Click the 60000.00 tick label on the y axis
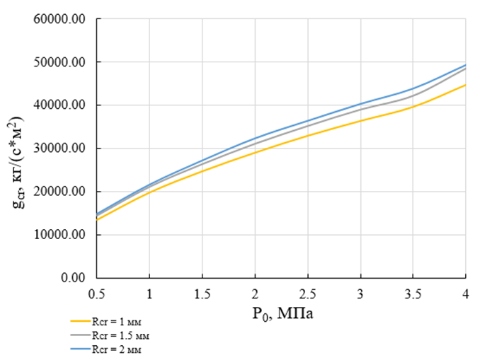click(59, 19)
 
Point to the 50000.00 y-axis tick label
click(59, 62)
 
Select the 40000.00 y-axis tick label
click(59, 105)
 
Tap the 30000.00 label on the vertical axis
click(59, 149)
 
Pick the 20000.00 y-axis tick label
click(59, 192)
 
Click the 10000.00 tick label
click(59, 235)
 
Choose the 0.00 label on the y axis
click(72, 278)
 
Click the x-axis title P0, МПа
click(281, 312)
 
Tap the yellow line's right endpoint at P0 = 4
click(466, 85)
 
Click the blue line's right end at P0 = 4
click(466, 65)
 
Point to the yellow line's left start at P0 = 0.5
click(96, 220)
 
